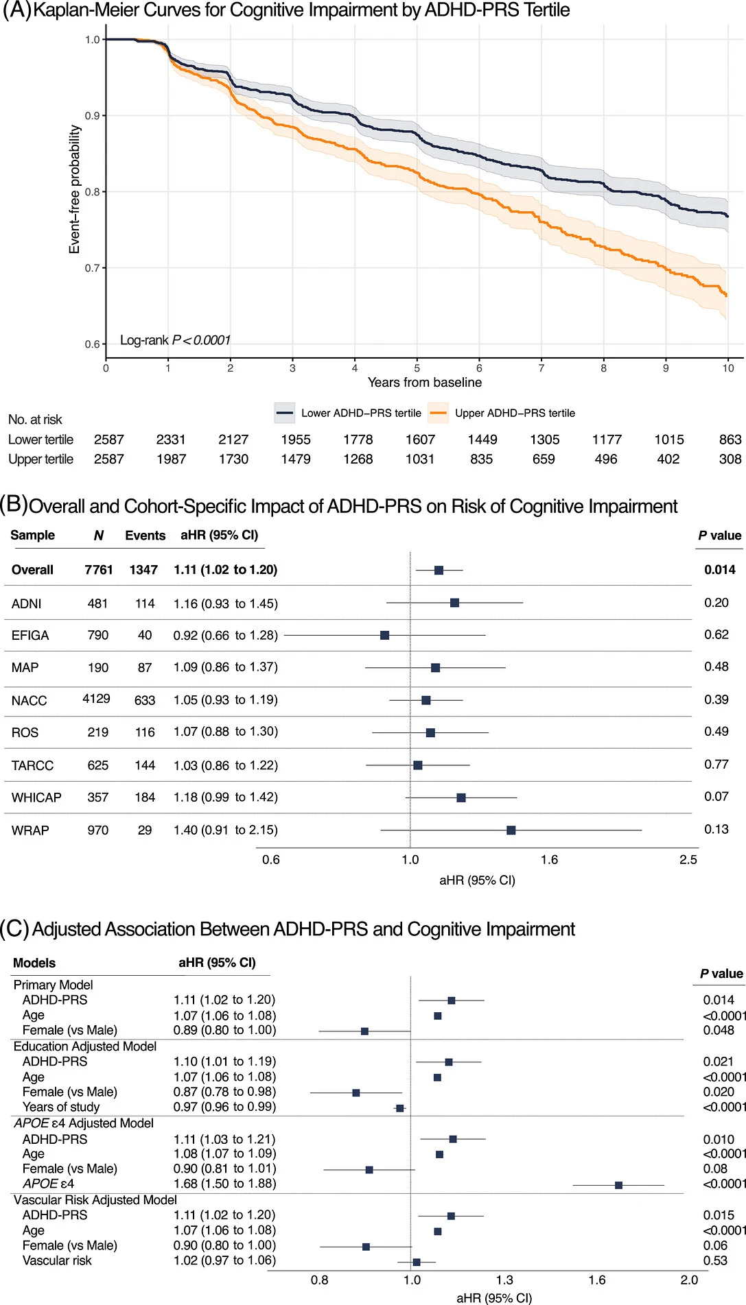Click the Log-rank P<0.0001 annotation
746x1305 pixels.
(x=175, y=340)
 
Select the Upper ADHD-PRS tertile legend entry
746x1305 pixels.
(x=502, y=413)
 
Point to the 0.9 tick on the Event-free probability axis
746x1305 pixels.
(x=93, y=116)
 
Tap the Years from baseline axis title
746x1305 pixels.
(x=425, y=383)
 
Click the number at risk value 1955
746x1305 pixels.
(x=296, y=440)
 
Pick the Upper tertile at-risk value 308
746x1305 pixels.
(x=730, y=459)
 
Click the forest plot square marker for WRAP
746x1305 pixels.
(x=511, y=830)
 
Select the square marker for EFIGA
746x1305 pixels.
(x=384, y=635)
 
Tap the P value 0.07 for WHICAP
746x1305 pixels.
(x=716, y=797)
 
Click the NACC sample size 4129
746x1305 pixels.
(x=97, y=699)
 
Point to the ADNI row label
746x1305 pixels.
(x=27, y=604)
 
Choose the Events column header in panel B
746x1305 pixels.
(x=145, y=536)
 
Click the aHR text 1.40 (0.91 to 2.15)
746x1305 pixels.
(x=226, y=830)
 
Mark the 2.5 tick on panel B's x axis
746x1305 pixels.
(x=688, y=860)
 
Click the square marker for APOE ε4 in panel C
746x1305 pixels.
(x=618, y=1185)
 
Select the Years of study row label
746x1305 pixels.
(x=61, y=1107)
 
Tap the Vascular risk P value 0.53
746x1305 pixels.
(x=715, y=1260)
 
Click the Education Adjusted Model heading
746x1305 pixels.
(x=85, y=1046)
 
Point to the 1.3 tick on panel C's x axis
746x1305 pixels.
(x=504, y=1280)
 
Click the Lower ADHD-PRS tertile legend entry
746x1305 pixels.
(x=348, y=413)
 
